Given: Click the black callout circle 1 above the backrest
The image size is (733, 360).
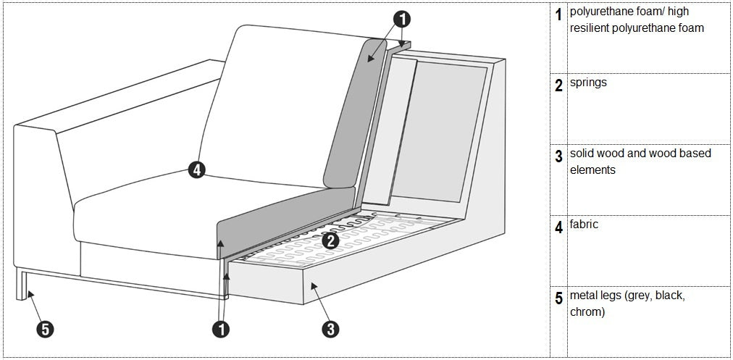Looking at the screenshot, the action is [403, 19].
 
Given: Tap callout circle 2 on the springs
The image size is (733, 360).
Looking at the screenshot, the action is [330, 240].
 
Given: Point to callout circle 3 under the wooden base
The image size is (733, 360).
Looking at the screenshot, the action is [330, 329].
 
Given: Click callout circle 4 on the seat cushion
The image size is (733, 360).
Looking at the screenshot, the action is [197, 169].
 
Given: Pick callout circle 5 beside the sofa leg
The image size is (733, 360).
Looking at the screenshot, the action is [45, 329].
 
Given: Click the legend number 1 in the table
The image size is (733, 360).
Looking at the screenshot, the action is [558, 15].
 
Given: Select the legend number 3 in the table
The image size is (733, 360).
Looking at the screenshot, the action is [558, 156].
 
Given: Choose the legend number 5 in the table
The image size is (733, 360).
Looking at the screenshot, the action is [558, 298].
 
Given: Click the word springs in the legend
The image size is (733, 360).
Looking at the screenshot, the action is [589, 83].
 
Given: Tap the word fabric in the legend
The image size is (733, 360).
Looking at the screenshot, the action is [585, 225].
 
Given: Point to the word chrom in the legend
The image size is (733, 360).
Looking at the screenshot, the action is [587, 312].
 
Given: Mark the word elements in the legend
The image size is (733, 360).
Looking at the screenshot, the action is [592, 169].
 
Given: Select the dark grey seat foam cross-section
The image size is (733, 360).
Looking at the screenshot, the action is [286, 219].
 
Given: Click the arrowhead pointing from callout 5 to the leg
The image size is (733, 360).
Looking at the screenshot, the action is [29, 293].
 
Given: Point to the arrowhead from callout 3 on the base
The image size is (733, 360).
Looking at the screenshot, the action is [314, 285].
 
